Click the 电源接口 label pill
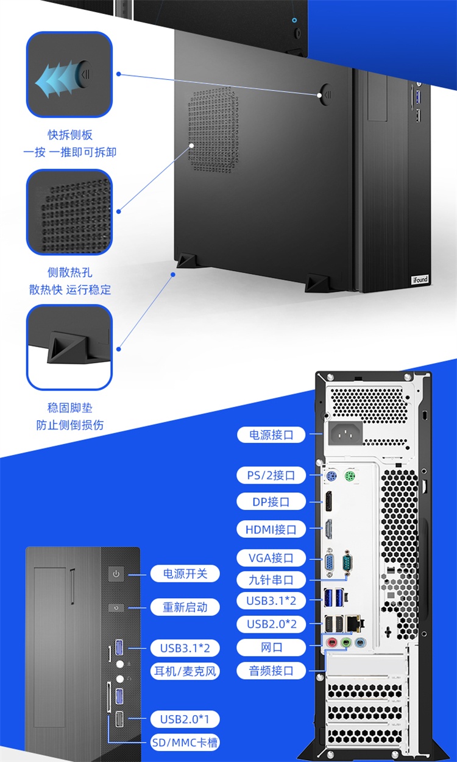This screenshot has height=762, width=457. click(x=271, y=434)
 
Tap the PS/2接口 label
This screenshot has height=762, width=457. click(x=271, y=475)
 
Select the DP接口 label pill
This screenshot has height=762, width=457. click(x=271, y=501)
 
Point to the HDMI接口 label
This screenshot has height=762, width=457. click(x=271, y=529)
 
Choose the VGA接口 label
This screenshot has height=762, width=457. click(x=271, y=557)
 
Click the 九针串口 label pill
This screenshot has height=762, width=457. click(x=271, y=580)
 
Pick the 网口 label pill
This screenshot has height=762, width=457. click(x=271, y=647)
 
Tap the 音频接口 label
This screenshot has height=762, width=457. click(x=271, y=671)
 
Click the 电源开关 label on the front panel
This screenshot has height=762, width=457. click(x=185, y=574)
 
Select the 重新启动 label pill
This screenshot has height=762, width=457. click(x=185, y=607)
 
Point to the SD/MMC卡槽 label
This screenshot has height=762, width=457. click(x=185, y=742)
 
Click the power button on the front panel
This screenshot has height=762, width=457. click(x=116, y=574)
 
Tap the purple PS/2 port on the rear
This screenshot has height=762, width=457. click(x=331, y=476)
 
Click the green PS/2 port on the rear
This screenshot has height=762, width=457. click(x=350, y=476)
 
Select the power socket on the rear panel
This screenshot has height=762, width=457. click(x=345, y=433)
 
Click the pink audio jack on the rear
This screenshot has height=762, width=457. click(x=331, y=643)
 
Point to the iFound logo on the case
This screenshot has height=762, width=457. click(x=420, y=280)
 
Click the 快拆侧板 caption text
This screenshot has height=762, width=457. click(x=70, y=135)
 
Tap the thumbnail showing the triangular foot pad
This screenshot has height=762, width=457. click(x=69, y=347)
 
